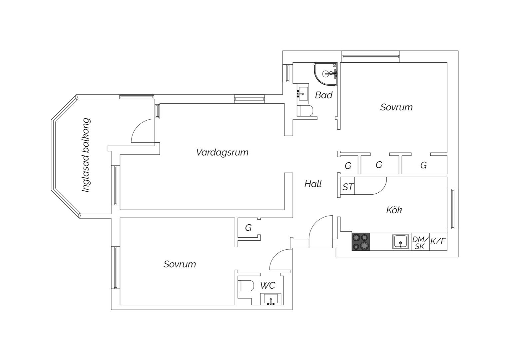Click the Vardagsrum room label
click(222, 152)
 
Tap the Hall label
click(313, 184)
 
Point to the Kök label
click(394, 210)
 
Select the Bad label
click(323, 95)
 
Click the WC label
click(268, 285)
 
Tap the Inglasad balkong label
click(86, 155)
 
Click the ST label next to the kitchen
click(348, 187)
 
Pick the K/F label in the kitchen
click(438, 241)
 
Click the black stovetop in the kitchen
click(361, 242)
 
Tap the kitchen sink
click(400, 242)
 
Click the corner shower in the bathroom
click(326, 74)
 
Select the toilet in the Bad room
click(305, 111)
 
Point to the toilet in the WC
click(246, 286)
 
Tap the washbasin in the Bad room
click(303, 93)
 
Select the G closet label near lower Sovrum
click(248, 228)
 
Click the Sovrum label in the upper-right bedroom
click(396, 107)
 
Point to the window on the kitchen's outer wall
click(453, 209)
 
